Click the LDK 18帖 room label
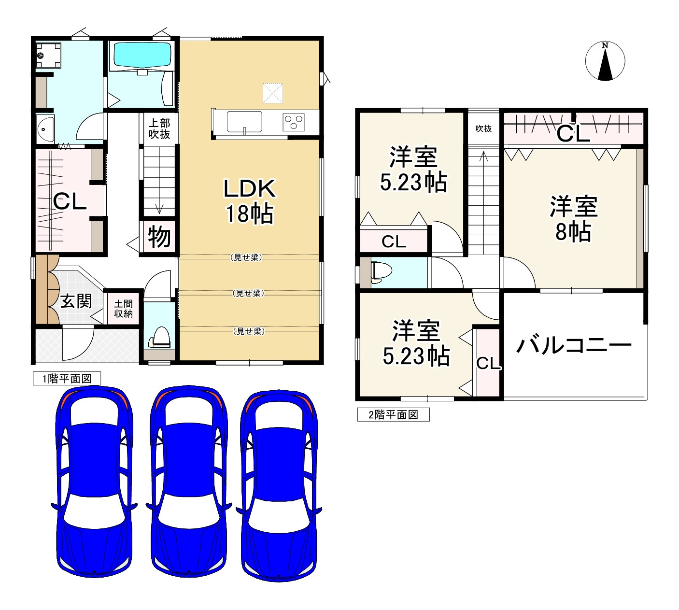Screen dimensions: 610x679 (249, 201)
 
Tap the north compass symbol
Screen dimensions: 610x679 (605, 61)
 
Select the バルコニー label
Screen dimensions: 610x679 (574, 346)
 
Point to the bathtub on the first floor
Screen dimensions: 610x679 (141, 55)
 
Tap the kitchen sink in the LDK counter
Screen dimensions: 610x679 (244, 121)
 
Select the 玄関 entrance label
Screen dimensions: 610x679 (76, 301)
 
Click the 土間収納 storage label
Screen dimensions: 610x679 (123, 309)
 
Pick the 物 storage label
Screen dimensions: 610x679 (159, 237)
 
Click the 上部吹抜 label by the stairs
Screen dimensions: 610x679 (159, 128)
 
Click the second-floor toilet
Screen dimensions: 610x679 (381, 272)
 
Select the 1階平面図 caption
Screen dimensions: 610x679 (67, 379)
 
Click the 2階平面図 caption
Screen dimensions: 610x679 (393, 414)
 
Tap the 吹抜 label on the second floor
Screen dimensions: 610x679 (483, 128)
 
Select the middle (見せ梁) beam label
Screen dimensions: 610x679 (248, 293)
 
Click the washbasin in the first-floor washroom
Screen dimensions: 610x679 (45, 129)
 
